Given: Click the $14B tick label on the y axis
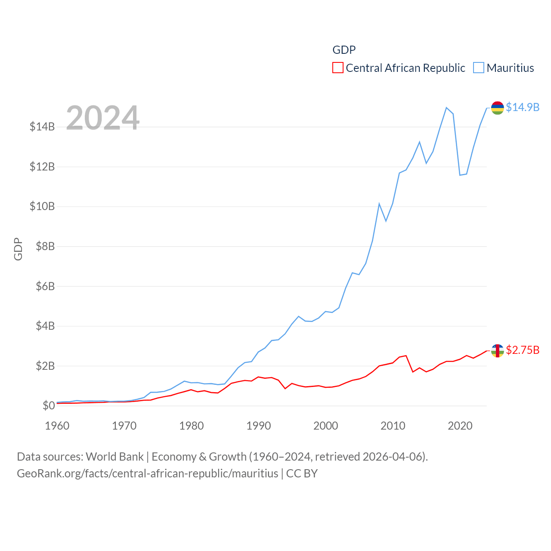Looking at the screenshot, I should [42, 127].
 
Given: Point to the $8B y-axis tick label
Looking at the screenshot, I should [45, 246].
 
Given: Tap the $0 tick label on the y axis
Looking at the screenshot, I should [49, 406].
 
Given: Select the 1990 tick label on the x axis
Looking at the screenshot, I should [258, 426].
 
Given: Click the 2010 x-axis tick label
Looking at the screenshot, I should [393, 426].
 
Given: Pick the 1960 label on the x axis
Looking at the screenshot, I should [57, 426].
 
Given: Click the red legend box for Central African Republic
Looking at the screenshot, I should [338, 68].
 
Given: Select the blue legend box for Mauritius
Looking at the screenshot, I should [479, 68].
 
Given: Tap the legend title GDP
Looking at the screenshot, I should [344, 50].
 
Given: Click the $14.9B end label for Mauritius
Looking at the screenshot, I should [523, 107].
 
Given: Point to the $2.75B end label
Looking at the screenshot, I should [523, 350].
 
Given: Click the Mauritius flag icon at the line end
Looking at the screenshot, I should [498, 108].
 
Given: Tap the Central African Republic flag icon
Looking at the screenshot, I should [498, 350].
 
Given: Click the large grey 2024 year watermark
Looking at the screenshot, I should [103, 118].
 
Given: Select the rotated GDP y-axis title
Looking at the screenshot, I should [18, 249].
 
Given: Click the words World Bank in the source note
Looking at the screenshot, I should [115, 457].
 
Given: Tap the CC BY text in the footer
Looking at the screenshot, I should [302, 474].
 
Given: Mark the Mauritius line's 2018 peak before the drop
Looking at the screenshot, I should [446, 108].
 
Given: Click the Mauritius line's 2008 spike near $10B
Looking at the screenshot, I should [379, 204].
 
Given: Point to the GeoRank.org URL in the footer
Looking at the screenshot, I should [148, 474].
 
